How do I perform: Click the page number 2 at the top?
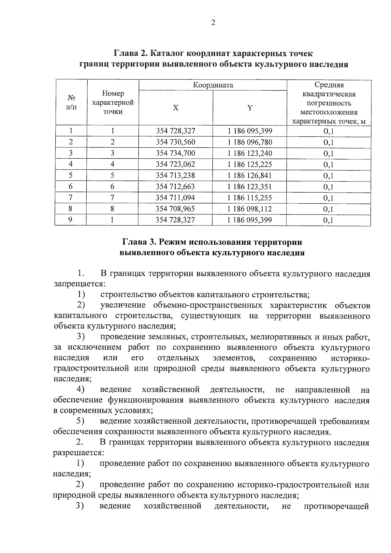click(213, 22)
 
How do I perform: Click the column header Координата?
click(213, 85)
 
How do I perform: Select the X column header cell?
click(176, 108)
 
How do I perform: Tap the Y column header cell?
click(250, 108)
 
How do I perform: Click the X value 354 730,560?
click(175, 142)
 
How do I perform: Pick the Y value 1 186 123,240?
click(250, 153)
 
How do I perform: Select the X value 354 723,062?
click(175, 164)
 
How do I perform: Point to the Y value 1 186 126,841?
click(250, 175)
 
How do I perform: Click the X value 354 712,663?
click(175, 186)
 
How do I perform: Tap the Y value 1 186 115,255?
click(250, 197)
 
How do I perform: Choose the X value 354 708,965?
click(175, 209)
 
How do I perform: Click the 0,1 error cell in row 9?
click(328, 220)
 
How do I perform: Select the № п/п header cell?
click(71, 102)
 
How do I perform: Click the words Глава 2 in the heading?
click(130, 53)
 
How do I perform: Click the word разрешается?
click(79, 453)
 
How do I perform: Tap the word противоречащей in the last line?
click(336, 506)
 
